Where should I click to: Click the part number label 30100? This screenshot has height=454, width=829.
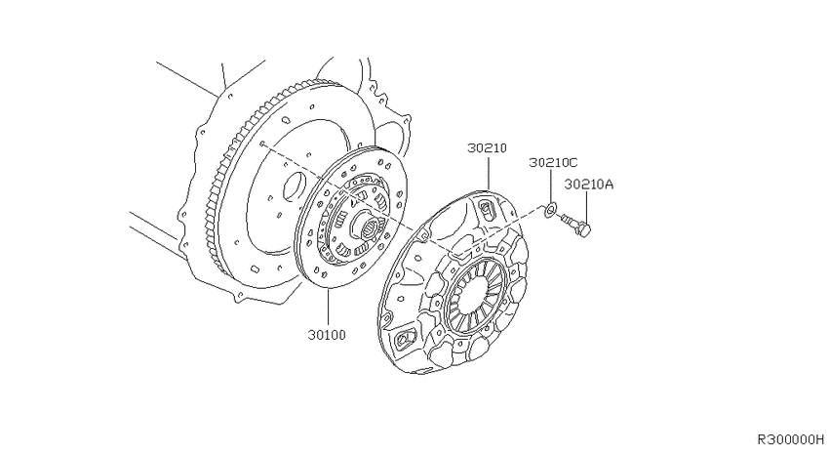327,335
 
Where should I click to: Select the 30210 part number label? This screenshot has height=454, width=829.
487,147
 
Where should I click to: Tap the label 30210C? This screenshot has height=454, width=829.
554,162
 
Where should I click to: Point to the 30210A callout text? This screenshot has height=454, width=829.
588,185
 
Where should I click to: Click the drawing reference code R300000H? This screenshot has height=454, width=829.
790,439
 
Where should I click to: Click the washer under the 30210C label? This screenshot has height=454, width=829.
549,210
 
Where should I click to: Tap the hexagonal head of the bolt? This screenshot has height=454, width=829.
584,229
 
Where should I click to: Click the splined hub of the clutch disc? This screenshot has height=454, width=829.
366,227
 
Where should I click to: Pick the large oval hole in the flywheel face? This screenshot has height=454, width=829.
294,186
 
